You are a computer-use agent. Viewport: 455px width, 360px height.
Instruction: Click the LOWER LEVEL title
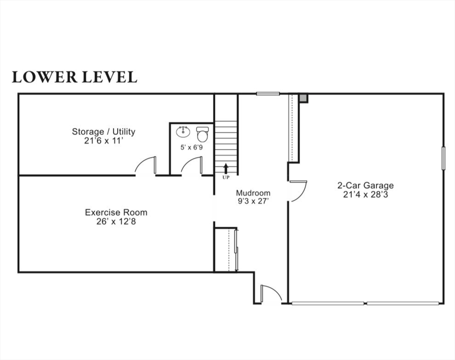click(x=75, y=77)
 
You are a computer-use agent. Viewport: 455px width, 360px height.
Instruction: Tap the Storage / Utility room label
click(x=103, y=132)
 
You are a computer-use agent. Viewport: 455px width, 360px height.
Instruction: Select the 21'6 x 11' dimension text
click(x=103, y=140)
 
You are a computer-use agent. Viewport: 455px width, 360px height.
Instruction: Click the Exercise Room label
click(x=116, y=212)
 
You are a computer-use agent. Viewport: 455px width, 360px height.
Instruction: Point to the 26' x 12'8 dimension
click(x=116, y=221)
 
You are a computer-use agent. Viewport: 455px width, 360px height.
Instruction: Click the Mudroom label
click(x=253, y=193)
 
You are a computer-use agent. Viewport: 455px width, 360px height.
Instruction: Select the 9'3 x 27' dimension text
click(x=253, y=202)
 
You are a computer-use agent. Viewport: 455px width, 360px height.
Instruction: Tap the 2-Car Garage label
click(x=365, y=185)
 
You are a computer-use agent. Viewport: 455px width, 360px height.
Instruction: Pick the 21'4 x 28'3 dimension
click(x=365, y=194)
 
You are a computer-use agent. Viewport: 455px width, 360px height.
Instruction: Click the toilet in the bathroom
click(x=202, y=134)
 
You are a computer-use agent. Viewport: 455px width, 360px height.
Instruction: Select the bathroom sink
click(x=182, y=132)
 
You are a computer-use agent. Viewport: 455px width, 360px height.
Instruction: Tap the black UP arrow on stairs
click(x=226, y=168)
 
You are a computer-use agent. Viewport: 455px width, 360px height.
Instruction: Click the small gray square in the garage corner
click(x=303, y=98)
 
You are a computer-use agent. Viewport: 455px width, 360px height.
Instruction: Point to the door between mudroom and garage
click(x=297, y=190)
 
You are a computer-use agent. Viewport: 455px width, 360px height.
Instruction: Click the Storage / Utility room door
click(x=146, y=166)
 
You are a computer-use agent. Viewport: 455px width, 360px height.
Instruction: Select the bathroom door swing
click(x=192, y=166)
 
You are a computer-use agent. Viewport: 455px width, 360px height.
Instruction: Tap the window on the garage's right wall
click(x=443, y=158)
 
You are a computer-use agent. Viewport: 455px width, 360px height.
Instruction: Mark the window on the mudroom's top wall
click(x=268, y=94)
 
